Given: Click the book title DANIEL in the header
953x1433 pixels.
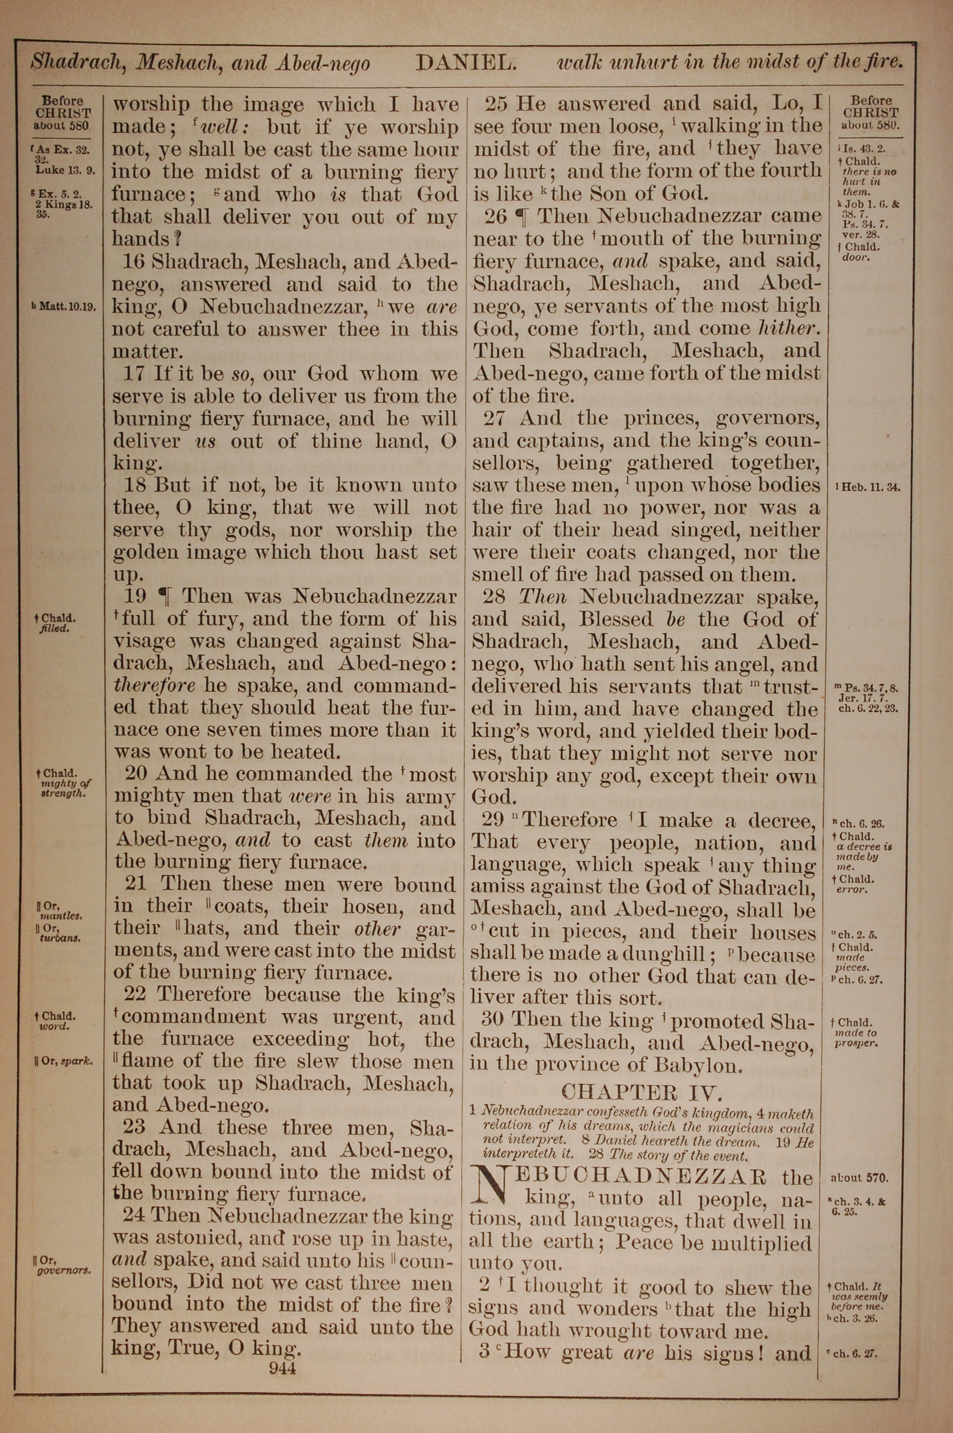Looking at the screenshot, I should tap(466, 62).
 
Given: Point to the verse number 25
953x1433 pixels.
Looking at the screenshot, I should tap(497, 104).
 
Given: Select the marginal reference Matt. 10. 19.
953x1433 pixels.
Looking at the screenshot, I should tap(64, 307).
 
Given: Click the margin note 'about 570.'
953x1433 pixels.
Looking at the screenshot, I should tap(859, 1178).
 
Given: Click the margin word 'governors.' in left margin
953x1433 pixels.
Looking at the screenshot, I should tap(64, 1270).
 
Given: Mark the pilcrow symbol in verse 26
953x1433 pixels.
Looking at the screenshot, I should tap(521, 216).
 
